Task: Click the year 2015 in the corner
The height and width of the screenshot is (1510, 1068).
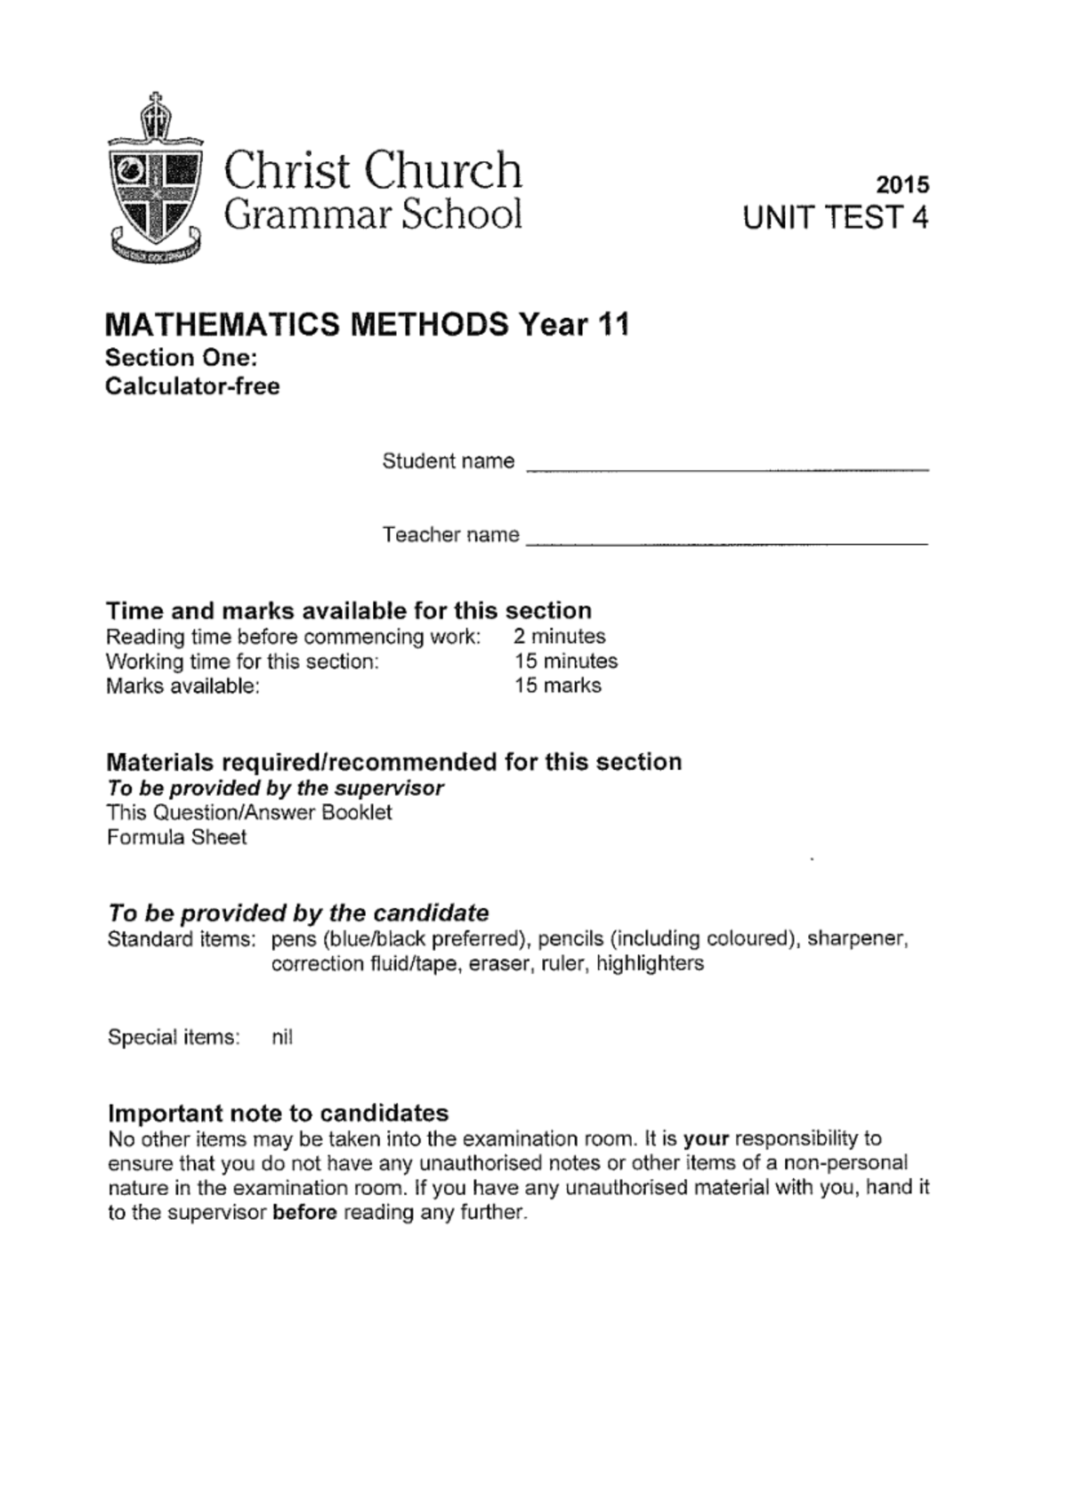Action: point(902,184)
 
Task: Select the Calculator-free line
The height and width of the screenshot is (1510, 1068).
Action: point(192,386)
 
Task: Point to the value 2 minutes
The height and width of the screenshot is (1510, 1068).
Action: point(559,637)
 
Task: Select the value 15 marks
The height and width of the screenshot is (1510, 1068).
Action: point(557,686)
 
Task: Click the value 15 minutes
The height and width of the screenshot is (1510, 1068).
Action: point(565,662)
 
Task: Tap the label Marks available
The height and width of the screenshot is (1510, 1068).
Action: point(182,686)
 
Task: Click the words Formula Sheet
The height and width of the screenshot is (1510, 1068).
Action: point(176,837)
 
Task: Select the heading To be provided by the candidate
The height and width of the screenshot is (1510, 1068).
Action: point(298,913)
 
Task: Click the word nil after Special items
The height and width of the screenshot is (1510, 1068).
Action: point(281,1037)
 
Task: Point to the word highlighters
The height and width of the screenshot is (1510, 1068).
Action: point(650,963)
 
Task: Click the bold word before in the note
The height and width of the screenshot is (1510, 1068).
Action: point(304,1213)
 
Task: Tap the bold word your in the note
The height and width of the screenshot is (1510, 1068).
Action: point(706,1139)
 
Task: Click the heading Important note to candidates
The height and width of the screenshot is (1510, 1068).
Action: point(278,1113)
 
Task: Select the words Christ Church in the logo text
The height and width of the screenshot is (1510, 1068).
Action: point(372,170)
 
